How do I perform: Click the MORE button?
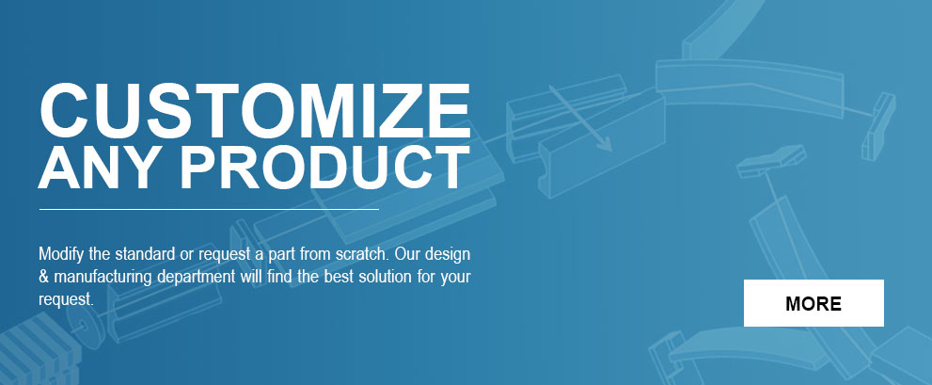point(814,303)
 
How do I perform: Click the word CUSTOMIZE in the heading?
point(255,111)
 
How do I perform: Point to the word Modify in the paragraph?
point(62,255)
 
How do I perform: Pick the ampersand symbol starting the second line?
point(43,278)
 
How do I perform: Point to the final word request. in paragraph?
point(67,300)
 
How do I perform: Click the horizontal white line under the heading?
point(209,210)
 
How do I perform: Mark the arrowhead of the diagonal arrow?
point(605,144)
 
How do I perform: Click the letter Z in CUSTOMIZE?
point(405,111)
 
